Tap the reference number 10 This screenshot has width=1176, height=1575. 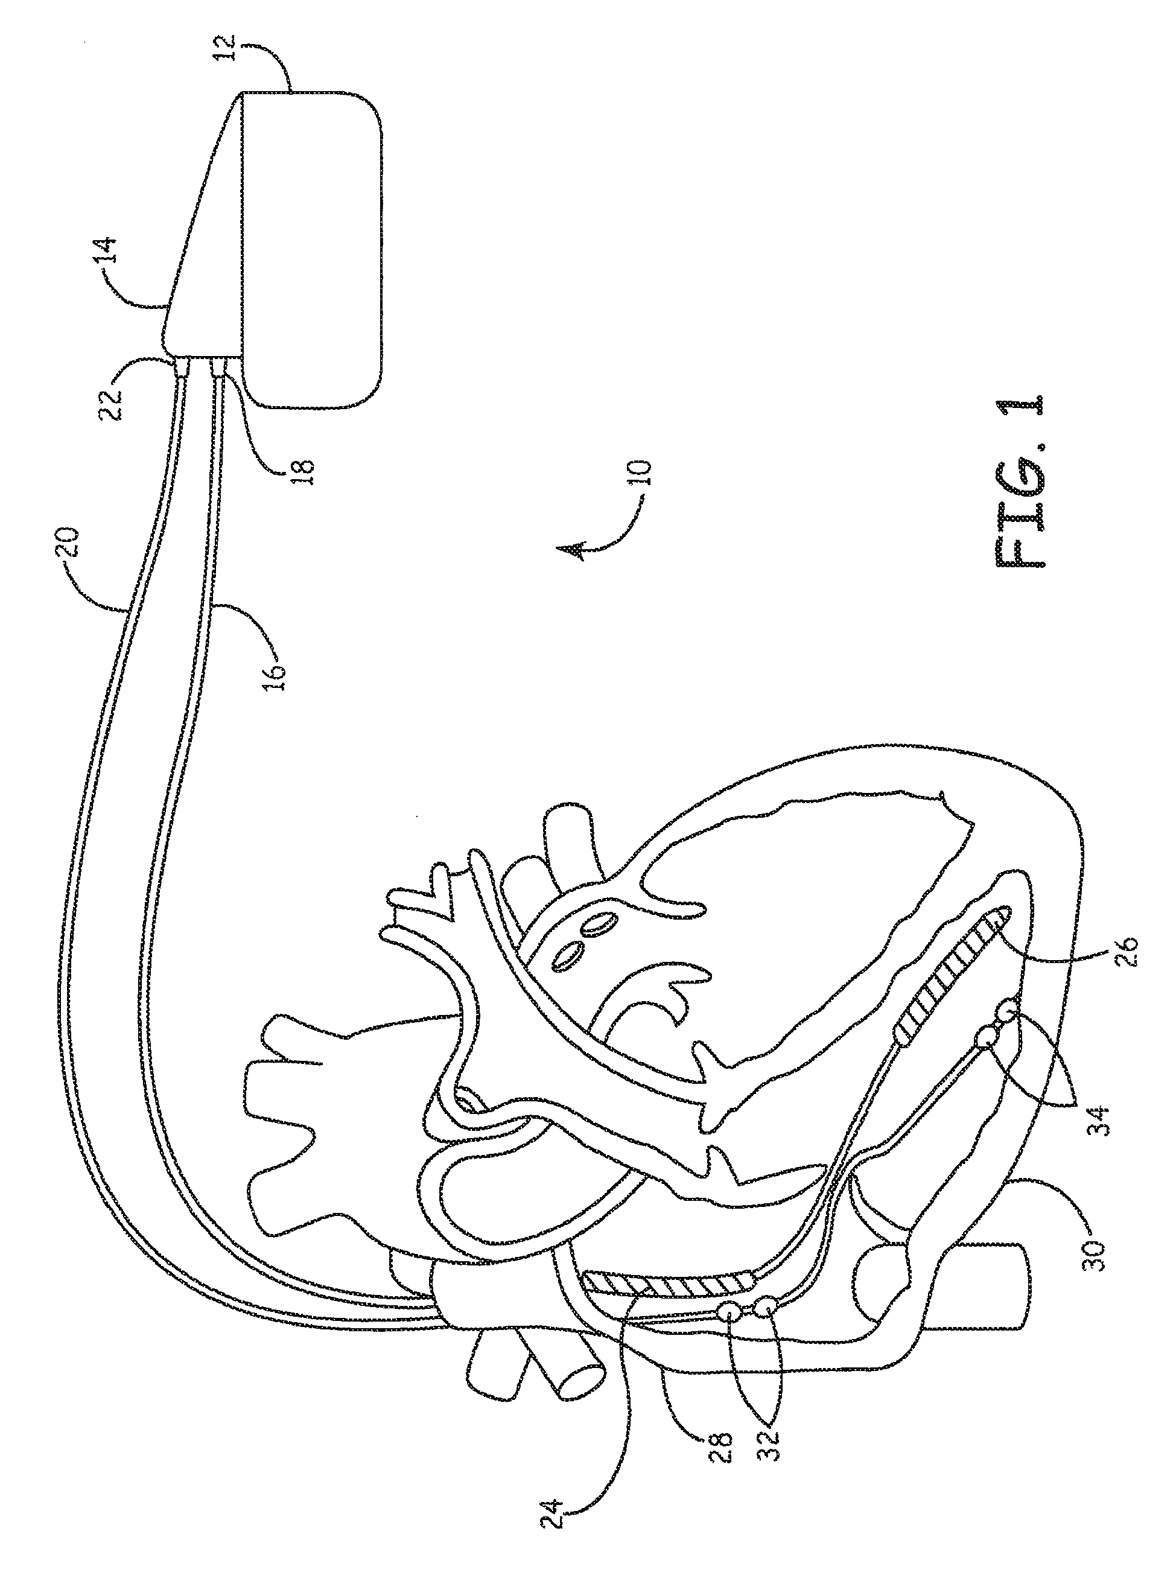[x=643, y=470]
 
